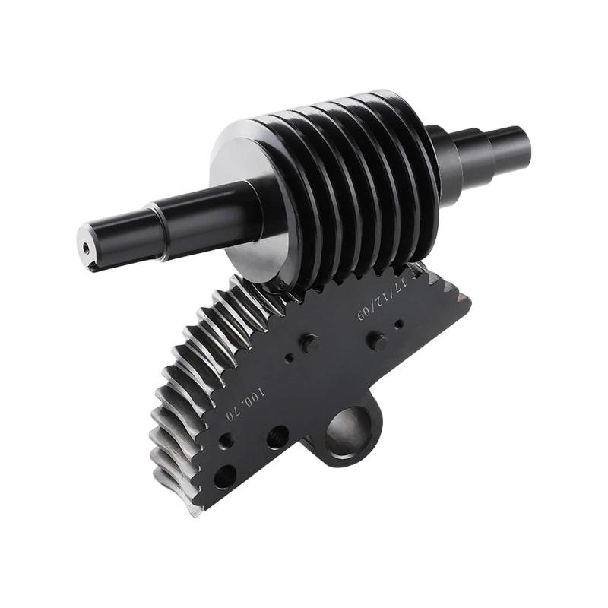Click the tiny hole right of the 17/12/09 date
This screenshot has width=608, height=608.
point(398,327)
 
